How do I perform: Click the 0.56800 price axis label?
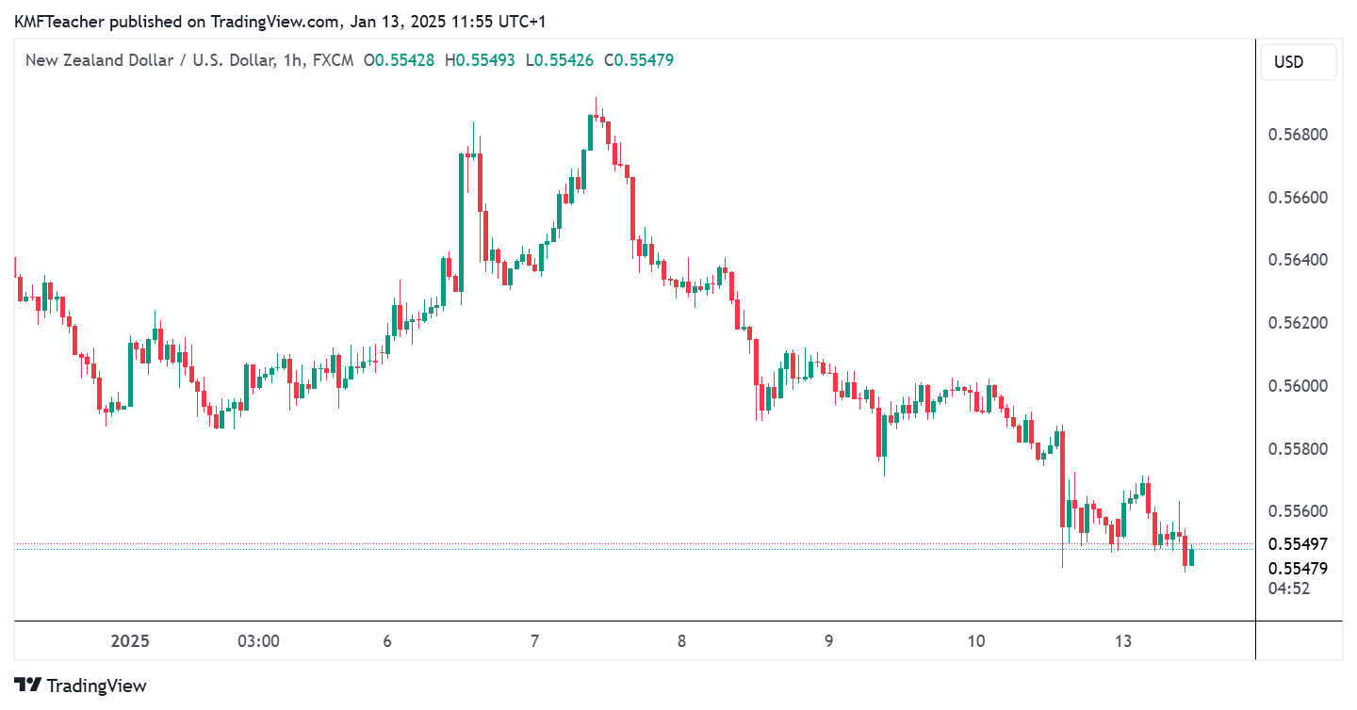pos(1298,135)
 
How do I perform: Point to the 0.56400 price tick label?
pos(1298,260)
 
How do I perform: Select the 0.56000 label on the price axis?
pos(1298,386)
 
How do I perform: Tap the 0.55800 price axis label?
pos(1298,449)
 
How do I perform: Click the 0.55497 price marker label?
pos(1298,544)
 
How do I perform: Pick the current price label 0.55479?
pos(1298,569)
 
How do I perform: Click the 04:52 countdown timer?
pos(1289,589)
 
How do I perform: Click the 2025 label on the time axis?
pos(130,642)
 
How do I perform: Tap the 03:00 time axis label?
pos(258,642)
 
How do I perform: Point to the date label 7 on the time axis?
pos(534,642)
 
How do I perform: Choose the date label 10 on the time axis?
pos(975,642)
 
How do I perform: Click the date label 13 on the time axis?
pos(1122,642)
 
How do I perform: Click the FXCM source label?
pos(333,60)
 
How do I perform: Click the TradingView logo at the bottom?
pos(80,686)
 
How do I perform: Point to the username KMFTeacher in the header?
pos(59,19)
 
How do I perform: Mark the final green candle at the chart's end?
pos(1192,557)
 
